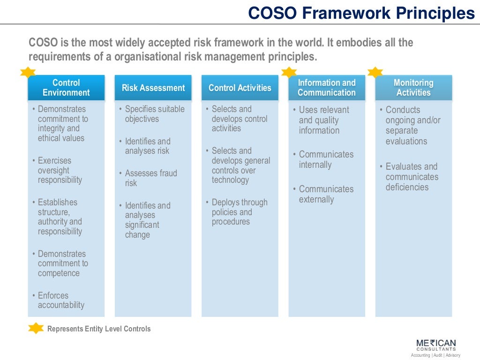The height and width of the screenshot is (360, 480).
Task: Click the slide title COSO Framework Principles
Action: click(x=361, y=13)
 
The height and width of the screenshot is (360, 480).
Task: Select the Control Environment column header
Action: click(x=66, y=88)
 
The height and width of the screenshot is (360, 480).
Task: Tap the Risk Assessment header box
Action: click(x=153, y=88)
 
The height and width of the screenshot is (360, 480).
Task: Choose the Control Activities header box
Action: click(x=240, y=88)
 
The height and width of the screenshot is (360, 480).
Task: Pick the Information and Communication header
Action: click(x=327, y=88)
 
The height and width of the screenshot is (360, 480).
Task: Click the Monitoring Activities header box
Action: click(x=413, y=88)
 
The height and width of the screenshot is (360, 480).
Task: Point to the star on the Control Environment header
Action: click(x=28, y=72)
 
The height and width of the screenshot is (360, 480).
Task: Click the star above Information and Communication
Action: click(x=289, y=72)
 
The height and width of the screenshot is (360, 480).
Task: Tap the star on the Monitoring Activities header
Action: click(x=375, y=72)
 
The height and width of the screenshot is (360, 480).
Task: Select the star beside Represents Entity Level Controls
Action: click(x=36, y=328)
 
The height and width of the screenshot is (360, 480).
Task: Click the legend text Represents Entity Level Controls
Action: click(x=99, y=329)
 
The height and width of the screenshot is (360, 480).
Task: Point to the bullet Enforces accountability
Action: click(x=61, y=300)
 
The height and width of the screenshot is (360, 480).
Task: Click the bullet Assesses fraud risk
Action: click(x=150, y=178)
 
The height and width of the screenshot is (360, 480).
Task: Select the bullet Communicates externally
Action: click(x=326, y=194)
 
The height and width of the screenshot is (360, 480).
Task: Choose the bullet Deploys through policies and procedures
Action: click(x=239, y=212)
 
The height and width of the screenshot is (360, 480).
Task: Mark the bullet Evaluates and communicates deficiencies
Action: click(x=411, y=177)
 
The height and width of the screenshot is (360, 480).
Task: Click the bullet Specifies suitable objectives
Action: click(x=154, y=114)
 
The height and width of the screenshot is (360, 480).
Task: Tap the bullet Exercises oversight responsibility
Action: click(x=60, y=170)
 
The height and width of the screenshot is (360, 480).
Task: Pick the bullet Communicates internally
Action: click(x=326, y=159)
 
